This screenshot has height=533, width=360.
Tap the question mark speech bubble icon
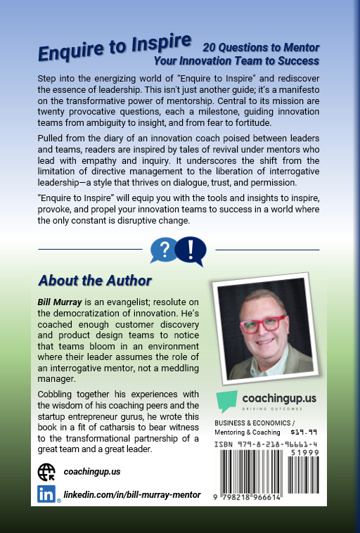click(x=164, y=249)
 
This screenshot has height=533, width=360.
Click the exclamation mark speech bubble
click(x=191, y=249)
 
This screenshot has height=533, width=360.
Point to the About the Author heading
click(x=95, y=281)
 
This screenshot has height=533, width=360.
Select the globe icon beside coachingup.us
click(x=46, y=472)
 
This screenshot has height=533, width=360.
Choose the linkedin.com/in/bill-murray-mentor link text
click(x=132, y=495)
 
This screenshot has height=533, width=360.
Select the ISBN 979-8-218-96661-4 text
click(x=263, y=445)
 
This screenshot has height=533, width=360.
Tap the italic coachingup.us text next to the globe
click(x=91, y=472)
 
